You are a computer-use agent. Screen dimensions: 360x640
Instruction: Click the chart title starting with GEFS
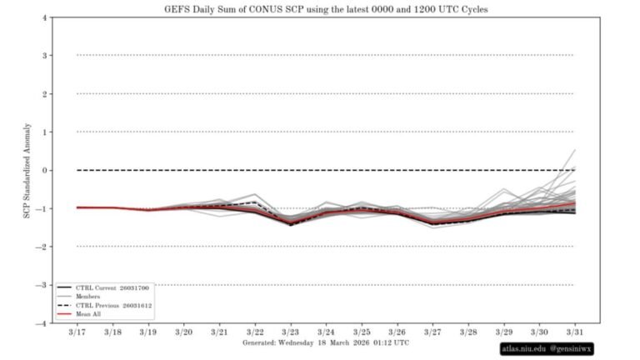(319, 8)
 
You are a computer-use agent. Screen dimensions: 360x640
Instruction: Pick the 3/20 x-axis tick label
(184, 332)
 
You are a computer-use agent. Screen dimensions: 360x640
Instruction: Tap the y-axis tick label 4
(44, 17)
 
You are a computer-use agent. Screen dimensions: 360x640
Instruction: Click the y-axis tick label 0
(44, 170)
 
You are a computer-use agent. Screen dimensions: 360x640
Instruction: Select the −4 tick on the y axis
(42, 323)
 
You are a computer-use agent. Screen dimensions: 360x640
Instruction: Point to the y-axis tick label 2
(44, 94)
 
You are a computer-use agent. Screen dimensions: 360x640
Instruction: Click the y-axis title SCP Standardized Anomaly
(28, 171)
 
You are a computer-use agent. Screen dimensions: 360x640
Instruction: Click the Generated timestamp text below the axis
(326, 342)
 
